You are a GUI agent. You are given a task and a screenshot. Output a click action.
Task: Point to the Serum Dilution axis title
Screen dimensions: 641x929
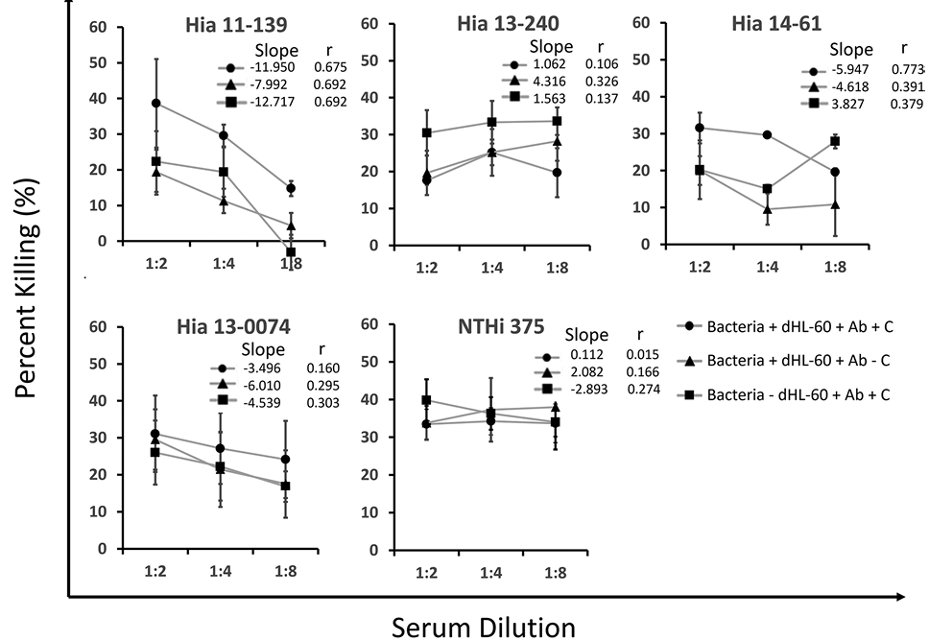pyautogui.click(x=484, y=627)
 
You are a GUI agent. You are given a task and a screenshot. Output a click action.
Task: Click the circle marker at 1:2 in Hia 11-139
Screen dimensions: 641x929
pyautogui.click(x=155, y=104)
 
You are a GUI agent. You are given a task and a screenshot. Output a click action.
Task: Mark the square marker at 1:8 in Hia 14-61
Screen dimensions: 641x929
pyautogui.click(x=835, y=141)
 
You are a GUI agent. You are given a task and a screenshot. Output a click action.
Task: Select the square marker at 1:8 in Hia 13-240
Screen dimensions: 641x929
pyautogui.click(x=556, y=121)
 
